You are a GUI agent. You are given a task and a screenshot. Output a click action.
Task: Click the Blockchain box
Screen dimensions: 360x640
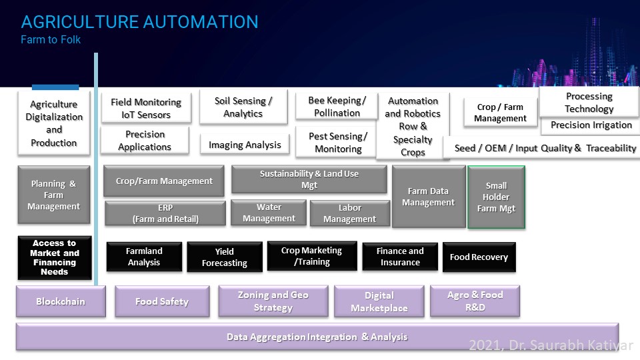(x=61, y=301)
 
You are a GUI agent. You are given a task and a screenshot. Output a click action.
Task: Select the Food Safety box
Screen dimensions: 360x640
(x=161, y=301)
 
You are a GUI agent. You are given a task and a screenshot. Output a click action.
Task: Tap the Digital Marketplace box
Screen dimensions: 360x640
(x=379, y=301)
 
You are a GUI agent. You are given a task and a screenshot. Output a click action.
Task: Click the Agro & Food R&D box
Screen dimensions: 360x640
(x=475, y=301)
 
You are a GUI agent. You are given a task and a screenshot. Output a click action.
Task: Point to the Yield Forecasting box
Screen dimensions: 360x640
(x=224, y=257)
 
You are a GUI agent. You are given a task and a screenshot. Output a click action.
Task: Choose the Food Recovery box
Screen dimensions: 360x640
(x=479, y=257)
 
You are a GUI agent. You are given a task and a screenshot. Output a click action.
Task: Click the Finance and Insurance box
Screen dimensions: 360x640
(x=400, y=257)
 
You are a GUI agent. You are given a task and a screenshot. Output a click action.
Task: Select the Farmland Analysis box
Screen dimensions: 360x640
(x=144, y=257)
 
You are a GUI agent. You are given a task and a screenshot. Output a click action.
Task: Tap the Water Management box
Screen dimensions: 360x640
(x=269, y=213)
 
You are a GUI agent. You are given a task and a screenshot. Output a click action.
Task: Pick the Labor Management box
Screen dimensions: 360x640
(x=349, y=213)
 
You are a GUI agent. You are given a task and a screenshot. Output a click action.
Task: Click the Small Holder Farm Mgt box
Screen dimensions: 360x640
(x=496, y=197)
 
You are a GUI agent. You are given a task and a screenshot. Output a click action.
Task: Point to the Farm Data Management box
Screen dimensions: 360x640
(x=428, y=197)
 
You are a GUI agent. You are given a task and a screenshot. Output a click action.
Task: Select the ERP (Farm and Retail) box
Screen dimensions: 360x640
(x=165, y=213)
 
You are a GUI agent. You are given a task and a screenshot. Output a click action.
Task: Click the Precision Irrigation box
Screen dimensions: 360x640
(x=591, y=125)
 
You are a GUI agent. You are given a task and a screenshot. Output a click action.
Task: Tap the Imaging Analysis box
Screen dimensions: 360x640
(x=245, y=145)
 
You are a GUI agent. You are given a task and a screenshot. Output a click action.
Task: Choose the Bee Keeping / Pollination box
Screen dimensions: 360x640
(x=337, y=107)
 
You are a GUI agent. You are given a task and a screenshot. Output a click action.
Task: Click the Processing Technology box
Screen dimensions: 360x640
(x=589, y=102)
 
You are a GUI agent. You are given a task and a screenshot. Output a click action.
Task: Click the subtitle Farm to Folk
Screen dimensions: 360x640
(x=51, y=39)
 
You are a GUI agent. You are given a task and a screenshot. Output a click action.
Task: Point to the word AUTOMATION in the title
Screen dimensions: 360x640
(x=195, y=21)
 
